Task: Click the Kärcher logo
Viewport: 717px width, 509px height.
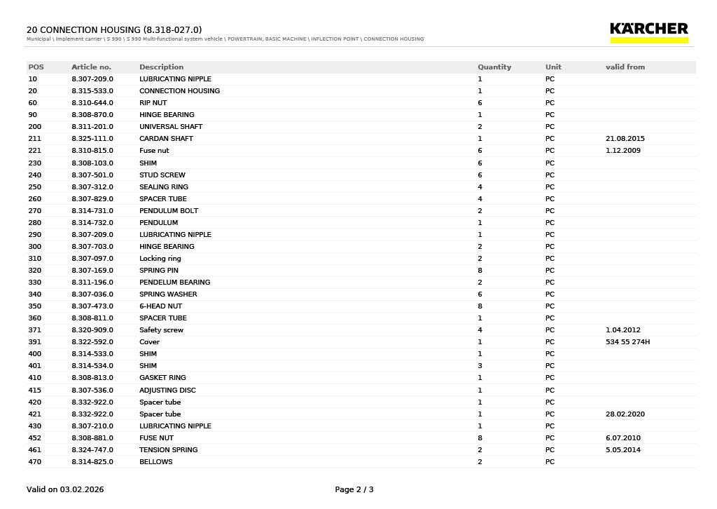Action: (x=649, y=32)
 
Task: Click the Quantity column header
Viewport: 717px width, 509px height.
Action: (x=494, y=67)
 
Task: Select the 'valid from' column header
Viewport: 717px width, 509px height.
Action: (x=625, y=67)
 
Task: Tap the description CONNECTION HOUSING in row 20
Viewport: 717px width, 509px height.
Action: (x=179, y=91)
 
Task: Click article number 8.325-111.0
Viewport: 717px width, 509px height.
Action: (x=92, y=139)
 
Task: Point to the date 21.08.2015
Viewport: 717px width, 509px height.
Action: (x=625, y=139)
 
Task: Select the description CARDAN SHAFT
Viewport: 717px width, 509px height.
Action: (x=166, y=139)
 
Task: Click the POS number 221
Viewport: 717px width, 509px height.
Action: (x=34, y=151)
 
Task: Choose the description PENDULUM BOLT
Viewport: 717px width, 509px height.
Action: (x=168, y=211)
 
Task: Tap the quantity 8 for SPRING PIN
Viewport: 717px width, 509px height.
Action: (x=480, y=271)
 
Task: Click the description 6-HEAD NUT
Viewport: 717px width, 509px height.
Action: (x=160, y=306)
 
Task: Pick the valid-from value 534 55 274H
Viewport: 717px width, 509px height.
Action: (x=627, y=342)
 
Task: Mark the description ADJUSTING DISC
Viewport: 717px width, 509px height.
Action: (x=167, y=390)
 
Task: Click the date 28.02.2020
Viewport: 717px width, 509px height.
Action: (x=625, y=414)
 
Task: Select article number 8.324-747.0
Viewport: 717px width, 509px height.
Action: (x=92, y=450)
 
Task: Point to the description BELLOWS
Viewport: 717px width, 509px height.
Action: (x=155, y=462)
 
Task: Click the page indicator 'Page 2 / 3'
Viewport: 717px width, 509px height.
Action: (x=354, y=489)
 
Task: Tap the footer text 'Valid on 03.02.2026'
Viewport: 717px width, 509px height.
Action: (x=65, y=489)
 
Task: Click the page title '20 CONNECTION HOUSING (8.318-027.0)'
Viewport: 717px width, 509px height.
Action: (x=114, y=29)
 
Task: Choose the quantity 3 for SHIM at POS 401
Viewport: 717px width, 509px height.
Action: (x=480, y=366)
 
